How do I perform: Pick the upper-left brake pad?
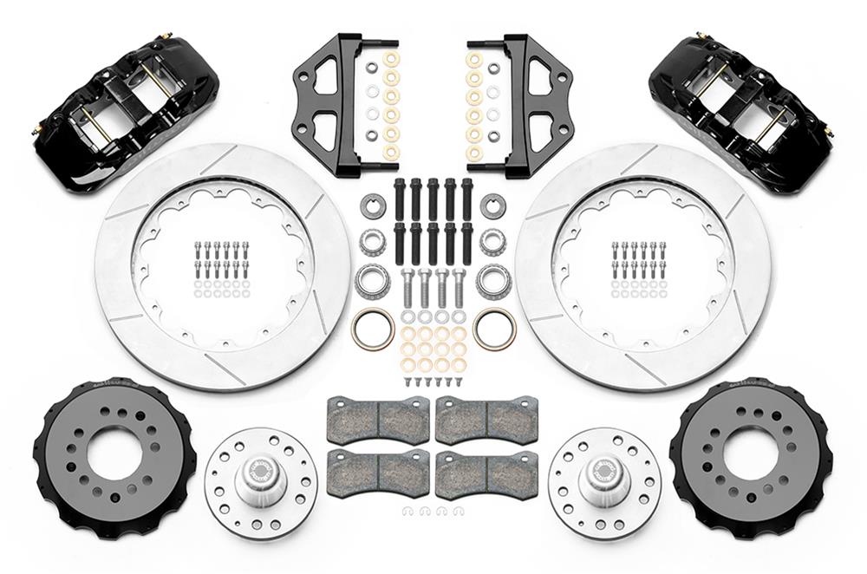click(379, 420)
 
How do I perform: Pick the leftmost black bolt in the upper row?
click(400, 199)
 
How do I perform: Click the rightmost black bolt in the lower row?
click(468, 244)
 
